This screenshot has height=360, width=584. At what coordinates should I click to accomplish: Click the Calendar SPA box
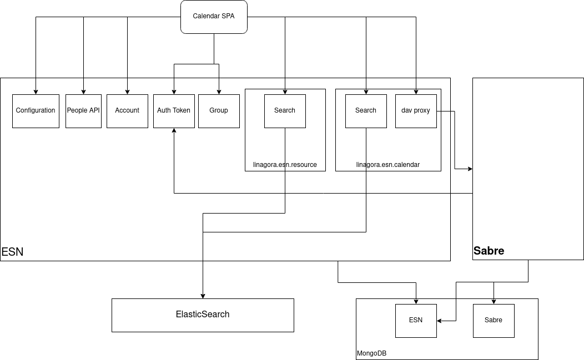214,17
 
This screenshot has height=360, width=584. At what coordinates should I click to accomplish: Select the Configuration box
36,111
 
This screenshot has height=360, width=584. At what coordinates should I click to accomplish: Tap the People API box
83,111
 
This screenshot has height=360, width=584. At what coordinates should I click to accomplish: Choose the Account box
127,111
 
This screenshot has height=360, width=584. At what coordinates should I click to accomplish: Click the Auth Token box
174,111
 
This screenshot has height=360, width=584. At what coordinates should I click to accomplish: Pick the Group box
219,111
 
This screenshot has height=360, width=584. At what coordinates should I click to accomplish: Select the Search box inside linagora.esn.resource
285,111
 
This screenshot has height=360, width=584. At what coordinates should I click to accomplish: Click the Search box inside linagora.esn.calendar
366,111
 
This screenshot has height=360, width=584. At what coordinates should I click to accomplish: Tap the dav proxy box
416,111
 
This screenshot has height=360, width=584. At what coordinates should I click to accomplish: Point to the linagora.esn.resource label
285,165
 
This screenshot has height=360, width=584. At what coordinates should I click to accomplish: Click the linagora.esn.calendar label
388,165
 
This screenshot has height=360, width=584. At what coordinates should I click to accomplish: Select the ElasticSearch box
203,315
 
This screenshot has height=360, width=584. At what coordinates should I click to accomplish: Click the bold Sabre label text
489,251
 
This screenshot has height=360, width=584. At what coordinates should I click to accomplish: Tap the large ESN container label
12,252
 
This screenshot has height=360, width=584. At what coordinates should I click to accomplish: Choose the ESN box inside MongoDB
416,320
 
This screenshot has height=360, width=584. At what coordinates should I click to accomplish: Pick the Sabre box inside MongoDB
494,320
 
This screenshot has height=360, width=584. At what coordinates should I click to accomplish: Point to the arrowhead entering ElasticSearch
203,296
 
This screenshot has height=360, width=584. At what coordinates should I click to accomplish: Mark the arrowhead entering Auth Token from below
174,131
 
